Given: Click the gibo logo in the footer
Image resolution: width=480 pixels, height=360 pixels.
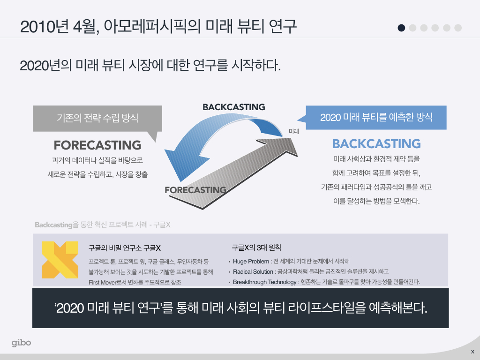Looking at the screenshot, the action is pyautogui.click(x=22, y=343).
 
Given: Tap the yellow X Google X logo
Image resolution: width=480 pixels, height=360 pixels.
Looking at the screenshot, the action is pyautogui.click(x=60, y=260).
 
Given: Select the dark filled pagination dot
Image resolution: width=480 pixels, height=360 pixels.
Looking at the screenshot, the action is pyautogui.click(x=401, y=28).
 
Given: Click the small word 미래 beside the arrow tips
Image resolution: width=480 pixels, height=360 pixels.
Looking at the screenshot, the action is pyautogui.click(x=294, y=131).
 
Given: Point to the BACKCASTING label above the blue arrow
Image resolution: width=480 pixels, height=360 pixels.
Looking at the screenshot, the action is pyautogui.click(x=233, y=107).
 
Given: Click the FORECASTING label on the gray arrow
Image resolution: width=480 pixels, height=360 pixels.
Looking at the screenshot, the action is pyautogui.click(x=195, y=190).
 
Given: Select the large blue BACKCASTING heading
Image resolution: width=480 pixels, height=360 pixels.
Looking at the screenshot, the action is pyautogui.click(x=376, y=143).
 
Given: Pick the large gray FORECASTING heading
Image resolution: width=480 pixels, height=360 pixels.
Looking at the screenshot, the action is pyautogui.click(x=97, y=145).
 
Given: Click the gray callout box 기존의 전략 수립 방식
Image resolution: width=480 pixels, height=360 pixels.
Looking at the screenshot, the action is pyautogui.click(x=97, y=118).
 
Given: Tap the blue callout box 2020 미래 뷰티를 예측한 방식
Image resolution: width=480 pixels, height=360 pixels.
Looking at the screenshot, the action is pyautogui.click(x=376, y=117).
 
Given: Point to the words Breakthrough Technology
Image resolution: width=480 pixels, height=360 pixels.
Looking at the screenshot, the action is pyautogui.click(x=264, y=282).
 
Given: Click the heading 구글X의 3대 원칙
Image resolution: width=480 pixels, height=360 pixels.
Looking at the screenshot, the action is pyautogui.click(x=256, y=247).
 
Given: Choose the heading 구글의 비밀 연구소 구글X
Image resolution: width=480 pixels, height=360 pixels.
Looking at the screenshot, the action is pyautogui.click(x=125, y=248).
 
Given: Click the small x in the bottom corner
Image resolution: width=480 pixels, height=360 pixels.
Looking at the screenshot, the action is pyautogui.click(x=472, y=352).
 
